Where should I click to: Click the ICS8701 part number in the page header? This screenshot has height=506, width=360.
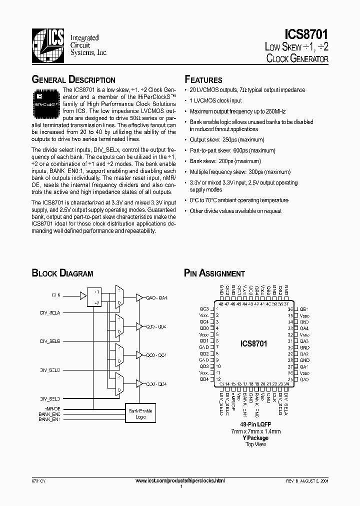[x=306, y=34]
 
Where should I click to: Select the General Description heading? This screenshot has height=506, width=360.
[x=73, y=80]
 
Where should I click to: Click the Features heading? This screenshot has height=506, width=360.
[x=203, y=80]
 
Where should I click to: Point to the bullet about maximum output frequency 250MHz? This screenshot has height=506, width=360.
[x=237, y=111]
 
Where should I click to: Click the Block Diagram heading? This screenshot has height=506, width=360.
[x=62, y=273]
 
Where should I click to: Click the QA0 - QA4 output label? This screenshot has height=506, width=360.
[x=156, y=298]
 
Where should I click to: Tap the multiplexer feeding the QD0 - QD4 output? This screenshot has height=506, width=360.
[x=119, y=383]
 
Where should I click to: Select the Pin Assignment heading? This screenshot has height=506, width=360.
[x=214, y=273]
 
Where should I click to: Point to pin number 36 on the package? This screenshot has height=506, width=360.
[x=289, y=309]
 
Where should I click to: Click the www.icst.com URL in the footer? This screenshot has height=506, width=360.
[x=180, y=480]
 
